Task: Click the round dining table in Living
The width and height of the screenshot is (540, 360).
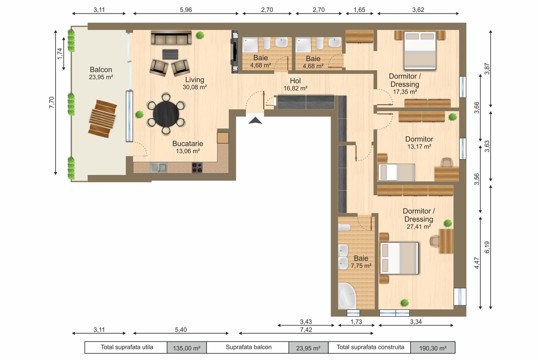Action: pyautogui.click(x=166, y=114)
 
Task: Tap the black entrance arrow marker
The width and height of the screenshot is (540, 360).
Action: pyautogui.click(x=255, y=121)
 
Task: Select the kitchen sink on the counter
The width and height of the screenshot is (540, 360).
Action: pyautogui.click(x=158, y=167)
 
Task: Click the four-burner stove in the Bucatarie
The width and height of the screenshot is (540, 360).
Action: pyautogui.click(x=197, y=167)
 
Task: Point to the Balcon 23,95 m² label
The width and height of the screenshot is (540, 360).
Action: pyautogui.click(x=101, y=73)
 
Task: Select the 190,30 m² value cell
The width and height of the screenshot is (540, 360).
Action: pyautogui.click(x=433, y=348)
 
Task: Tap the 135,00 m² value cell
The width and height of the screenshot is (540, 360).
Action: pyautogui.click(x=186, y=348)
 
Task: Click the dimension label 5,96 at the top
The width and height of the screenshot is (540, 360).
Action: pyautogui.click(x=186, y=10)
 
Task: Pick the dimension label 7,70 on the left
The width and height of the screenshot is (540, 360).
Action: pyautogui.click(x=51, y=102)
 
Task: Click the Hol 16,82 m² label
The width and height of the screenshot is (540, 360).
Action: pyautogui.click(x=295, y=84)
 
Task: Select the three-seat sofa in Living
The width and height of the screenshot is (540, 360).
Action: pyautogui.click(x=171, y=38)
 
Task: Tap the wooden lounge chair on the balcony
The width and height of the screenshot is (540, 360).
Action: pyautogui.click(x=103, y=119)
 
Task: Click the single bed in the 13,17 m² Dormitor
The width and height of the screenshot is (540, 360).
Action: pyautogui.click(x=397, y=172)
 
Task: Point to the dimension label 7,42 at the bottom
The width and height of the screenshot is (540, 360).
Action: pyautogui.click(x=306, y=330)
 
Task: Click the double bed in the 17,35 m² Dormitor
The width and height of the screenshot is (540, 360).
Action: pyautogui.click(x=420, y=50)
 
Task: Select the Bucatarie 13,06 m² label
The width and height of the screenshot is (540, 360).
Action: pyautogui.click(x=187, y=147)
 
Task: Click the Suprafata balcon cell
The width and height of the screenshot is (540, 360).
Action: pyautogui.click(x=248, y=347)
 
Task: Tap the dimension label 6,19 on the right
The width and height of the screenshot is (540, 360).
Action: pyautogui.click(x=487, y=247)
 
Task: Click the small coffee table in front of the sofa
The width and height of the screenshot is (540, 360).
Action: pyautogui.click(x=170, y=54)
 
